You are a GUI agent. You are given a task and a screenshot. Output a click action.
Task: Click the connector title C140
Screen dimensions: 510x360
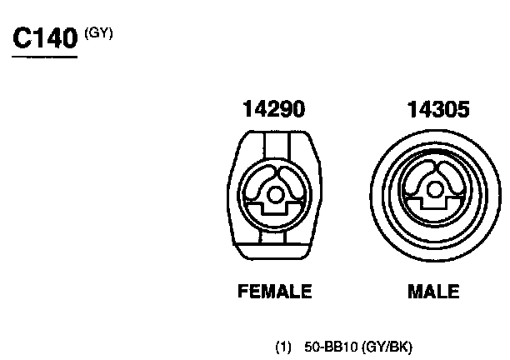(x=45, y=37)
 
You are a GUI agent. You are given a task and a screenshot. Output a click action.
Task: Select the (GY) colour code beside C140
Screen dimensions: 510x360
(x=98, y=33)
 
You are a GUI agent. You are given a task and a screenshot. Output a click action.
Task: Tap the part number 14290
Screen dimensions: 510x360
(x=274, y=108)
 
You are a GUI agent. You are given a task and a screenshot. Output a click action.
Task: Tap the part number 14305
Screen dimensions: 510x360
(x=438, y=108)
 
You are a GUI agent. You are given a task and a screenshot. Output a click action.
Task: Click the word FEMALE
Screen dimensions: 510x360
(x=275, y=291)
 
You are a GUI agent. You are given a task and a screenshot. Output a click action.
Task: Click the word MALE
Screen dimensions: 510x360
(x=433, y=291)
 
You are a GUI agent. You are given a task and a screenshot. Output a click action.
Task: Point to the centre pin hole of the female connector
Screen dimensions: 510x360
(x=275, y=195)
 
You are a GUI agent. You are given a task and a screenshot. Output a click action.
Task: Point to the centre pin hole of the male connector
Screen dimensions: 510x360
(x=434, y=190)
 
